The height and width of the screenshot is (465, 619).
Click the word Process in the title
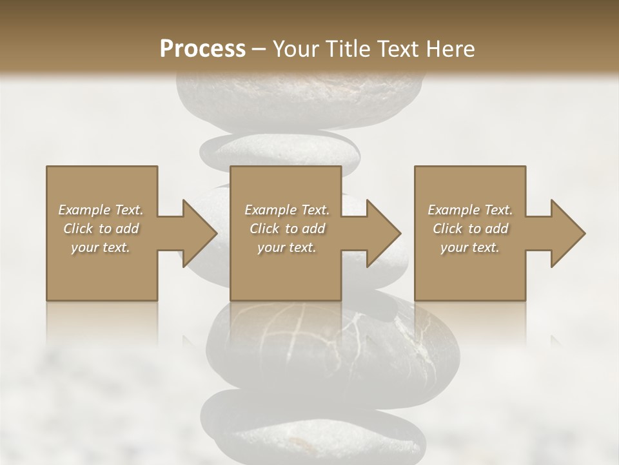point(202,48)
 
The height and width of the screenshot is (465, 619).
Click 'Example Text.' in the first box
point(101,210)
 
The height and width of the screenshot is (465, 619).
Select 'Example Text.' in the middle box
point(286,210)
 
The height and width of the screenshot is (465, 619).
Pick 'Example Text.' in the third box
point(470,210)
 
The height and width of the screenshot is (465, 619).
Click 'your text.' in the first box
point(101,247)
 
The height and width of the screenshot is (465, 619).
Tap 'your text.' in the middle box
point(286,247)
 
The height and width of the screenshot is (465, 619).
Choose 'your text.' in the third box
point(470,247)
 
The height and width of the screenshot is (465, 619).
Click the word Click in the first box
point(78,229)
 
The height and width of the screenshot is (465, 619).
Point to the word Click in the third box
point(447,229)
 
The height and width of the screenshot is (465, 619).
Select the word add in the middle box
point(313,229)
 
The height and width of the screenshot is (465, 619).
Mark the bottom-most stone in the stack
point(313,429)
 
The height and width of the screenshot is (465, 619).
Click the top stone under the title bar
point(300,97)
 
